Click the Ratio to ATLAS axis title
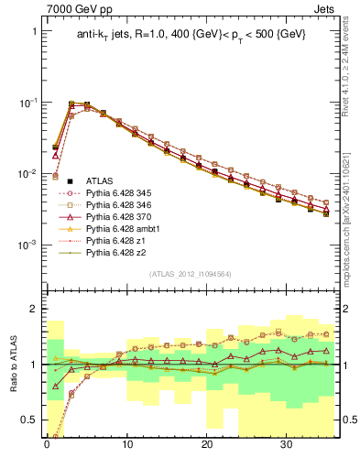pyautogui.click(x=12, y=366)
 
